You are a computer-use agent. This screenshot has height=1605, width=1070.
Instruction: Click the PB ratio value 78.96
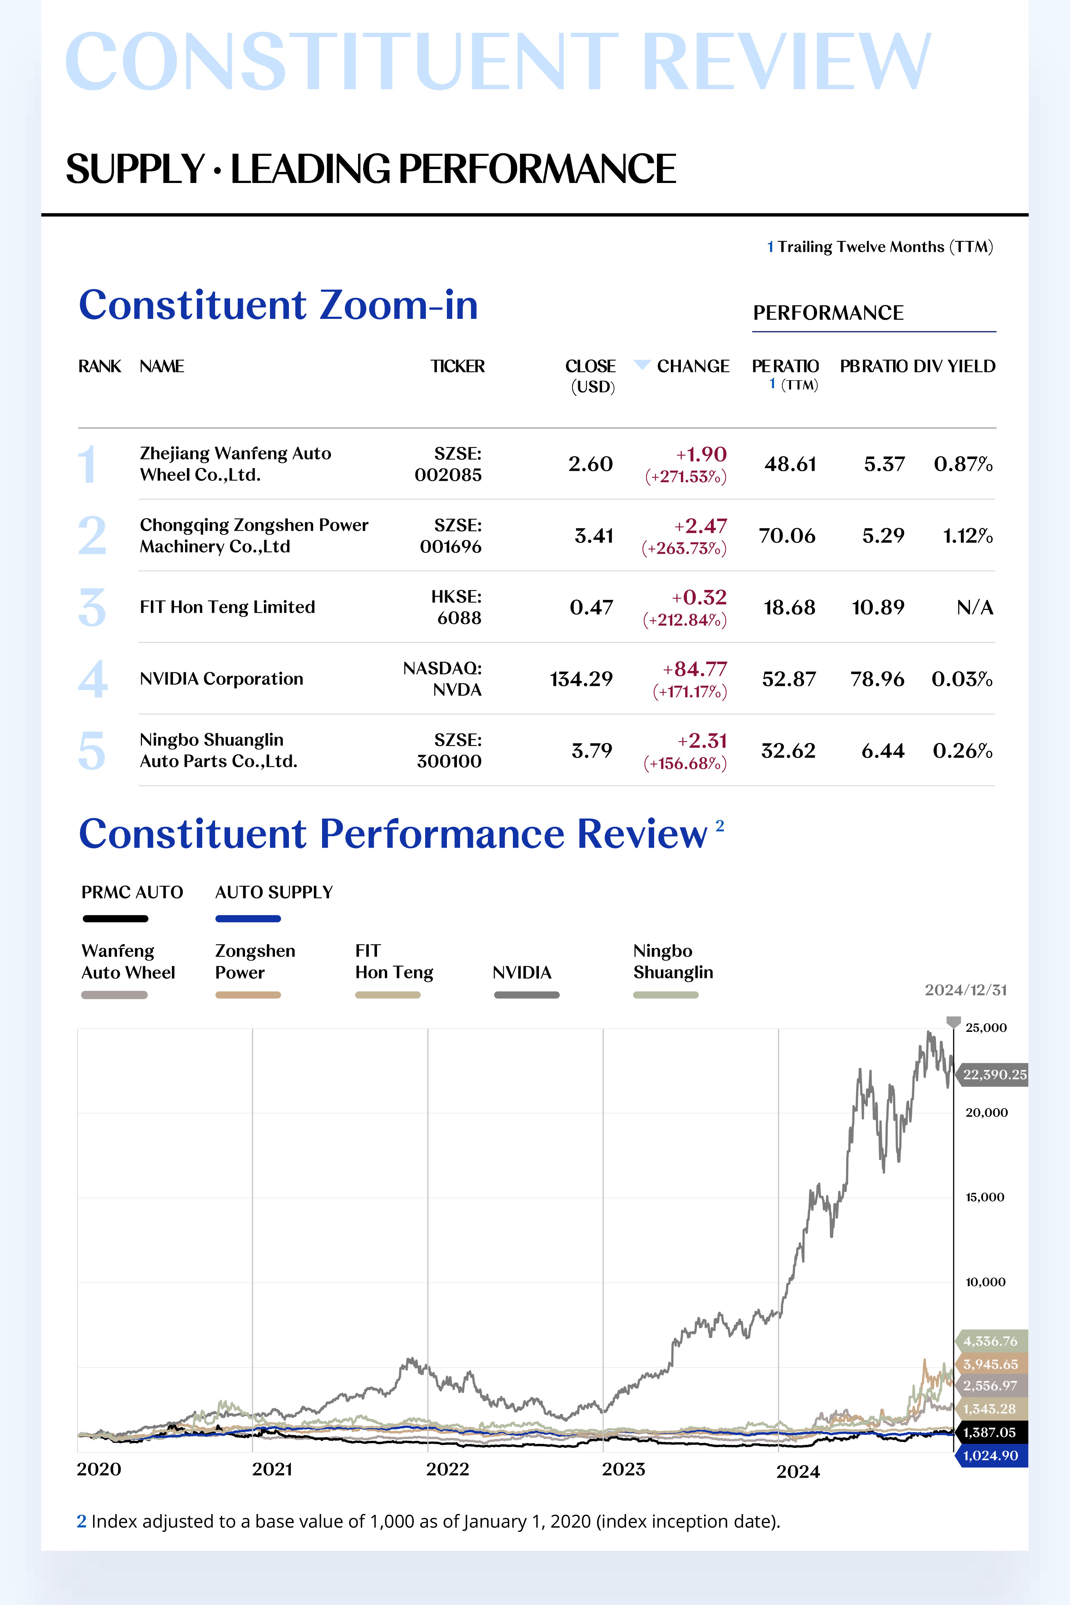877,679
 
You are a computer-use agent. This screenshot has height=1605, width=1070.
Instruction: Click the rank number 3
92,607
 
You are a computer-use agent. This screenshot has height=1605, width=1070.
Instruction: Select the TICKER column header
457,366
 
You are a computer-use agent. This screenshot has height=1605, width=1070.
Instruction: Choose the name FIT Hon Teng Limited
227,607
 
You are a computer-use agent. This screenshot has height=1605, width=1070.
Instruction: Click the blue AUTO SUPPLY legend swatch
248,918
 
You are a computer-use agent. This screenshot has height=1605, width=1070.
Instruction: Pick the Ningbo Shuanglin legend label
673,962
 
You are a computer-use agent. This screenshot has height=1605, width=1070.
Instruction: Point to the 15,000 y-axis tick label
985,1197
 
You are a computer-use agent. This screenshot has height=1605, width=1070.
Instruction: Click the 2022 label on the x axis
448,1469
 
